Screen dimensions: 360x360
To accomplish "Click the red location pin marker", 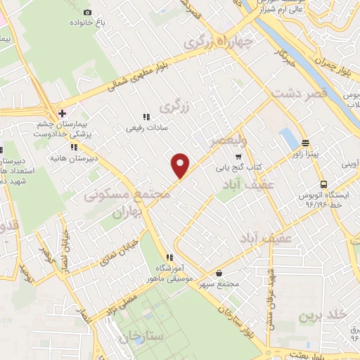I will (x=181, y=165).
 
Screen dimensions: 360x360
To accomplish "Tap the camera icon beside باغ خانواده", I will (x=87, y=12).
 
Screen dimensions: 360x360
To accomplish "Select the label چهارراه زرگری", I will (x=218, y=42).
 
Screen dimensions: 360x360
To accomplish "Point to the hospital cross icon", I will (x=62, y=113).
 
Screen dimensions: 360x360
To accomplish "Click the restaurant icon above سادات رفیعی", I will (x=146, y=117).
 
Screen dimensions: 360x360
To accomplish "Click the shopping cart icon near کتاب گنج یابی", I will (x=239, y=156).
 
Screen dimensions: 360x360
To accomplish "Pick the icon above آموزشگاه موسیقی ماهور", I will (x=169, y=257).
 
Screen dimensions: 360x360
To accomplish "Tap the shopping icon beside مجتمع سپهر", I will (x=220, y=273).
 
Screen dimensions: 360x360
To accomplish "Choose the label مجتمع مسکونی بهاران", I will (x=127, y=201).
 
